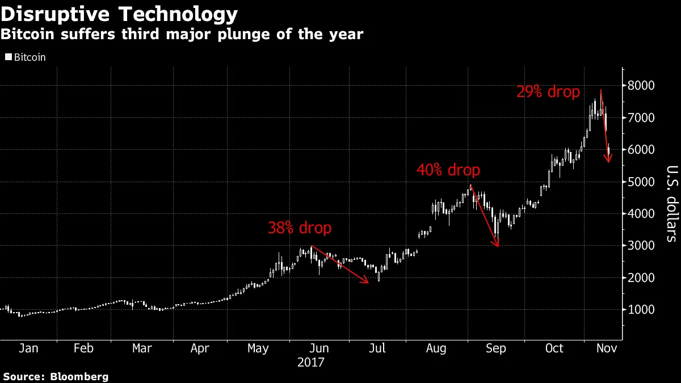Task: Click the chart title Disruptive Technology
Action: click(x=119, y=14)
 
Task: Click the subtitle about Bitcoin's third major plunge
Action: click(x=182, y=35)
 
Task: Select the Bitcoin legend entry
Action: click(x=26, y=57)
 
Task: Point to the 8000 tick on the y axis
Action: click(x=641, y=86)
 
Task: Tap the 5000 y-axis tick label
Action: click(x=641, y=182)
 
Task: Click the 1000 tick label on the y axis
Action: click(x=641, y=310)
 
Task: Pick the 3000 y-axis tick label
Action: click(x=641, y=246)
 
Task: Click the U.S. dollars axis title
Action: click(x=671, y=203)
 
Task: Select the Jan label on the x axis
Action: click(x=28, y=348)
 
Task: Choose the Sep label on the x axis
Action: click(x=495, y=348)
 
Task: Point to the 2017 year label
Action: click(x=311, y=362)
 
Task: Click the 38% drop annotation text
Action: click(x=299, y=228)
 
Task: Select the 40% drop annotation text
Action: click(x=448, y=170)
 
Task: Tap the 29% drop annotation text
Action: click(x=548, y=91)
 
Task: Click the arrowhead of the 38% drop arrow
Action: click(x=366, y=280)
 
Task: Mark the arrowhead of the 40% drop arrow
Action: click(x=497, y=244)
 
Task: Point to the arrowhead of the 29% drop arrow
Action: click(x=608, y=160)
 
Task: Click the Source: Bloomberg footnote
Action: click(x=56, y=376)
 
